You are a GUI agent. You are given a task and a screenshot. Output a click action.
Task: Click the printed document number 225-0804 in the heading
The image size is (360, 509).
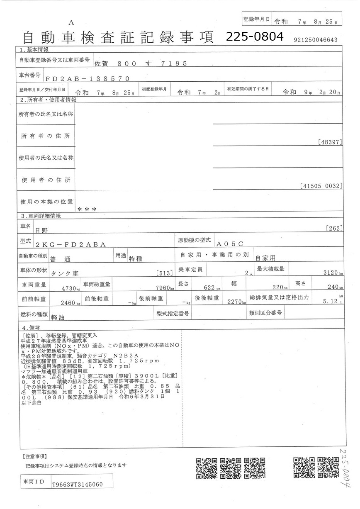(x=255, y=37)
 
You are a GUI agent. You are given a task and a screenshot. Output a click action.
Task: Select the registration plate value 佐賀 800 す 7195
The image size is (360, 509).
(x=141, y=63)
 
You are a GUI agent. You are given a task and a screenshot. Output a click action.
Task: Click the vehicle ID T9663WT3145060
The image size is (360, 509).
(x=77, y=484)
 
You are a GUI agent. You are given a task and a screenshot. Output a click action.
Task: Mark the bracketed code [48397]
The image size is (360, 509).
(x=330, y=142)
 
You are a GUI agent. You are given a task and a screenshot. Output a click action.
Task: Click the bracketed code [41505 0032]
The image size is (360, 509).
(x=321, y=186)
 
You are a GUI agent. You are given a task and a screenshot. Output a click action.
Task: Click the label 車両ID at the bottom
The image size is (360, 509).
(x=34, y=482)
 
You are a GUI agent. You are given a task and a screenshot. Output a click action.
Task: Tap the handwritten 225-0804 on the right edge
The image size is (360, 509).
(x=346, y=467)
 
